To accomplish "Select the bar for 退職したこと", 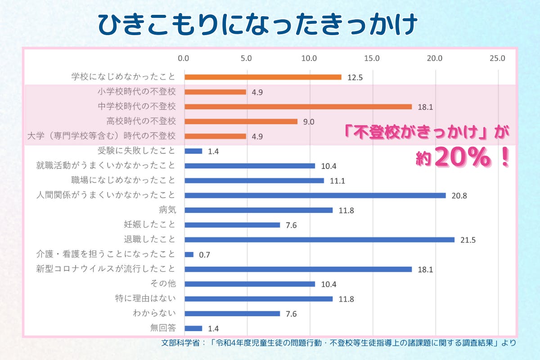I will point(319,239).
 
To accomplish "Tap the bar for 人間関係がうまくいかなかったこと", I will point(315,195).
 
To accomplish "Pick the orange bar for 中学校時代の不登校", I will point(298,107).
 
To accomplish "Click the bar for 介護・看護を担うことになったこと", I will point(189,254).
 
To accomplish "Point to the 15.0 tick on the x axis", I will point(373,58).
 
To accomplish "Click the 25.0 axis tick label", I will point(498,58).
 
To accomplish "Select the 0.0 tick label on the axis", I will point(184,58).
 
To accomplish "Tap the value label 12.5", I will point(355,77).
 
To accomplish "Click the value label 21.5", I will point(468,240).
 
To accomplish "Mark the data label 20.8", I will point(459,196).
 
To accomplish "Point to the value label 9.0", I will point(309,121).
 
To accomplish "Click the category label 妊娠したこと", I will point(149,225).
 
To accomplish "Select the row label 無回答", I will point(162,328).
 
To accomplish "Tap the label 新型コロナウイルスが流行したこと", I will point(106,269).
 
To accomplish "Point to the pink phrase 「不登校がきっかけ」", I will point(412,134).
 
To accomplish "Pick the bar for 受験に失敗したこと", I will point(193,151).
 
